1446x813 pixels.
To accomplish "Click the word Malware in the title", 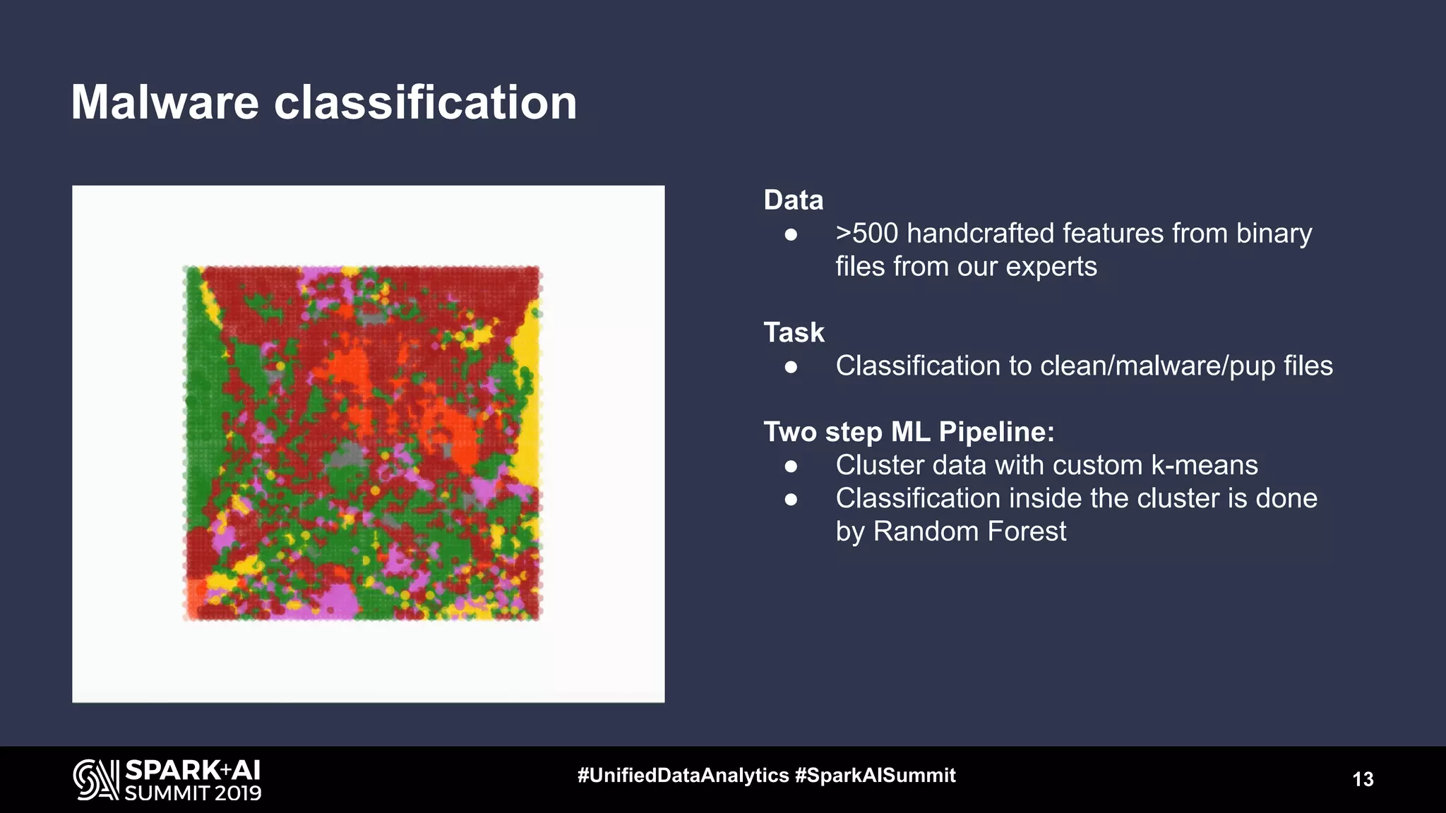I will point(165,103).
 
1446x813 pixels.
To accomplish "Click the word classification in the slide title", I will point(425,103).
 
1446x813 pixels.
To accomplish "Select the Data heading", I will point(794,200).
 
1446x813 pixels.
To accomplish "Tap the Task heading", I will point(794,332).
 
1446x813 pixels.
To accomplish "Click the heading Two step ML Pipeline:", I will point(909,432).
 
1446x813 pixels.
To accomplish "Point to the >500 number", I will point(867,234).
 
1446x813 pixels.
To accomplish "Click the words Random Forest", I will point(969,531).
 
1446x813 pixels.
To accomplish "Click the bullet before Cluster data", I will point(791,466).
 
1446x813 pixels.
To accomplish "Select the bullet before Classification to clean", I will point(791,367).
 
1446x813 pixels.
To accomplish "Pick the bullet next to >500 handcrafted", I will point(791,234).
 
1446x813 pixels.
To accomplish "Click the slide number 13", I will point(1363,779).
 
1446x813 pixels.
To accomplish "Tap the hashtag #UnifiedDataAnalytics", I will point(683,776).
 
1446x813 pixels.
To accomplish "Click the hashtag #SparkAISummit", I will point(875,776).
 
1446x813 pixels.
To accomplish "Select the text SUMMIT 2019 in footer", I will point(193,793).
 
